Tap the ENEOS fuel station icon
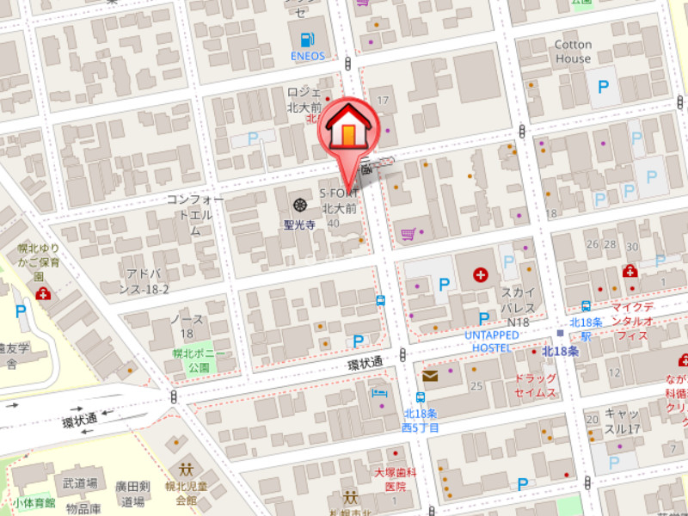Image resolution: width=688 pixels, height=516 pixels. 307,39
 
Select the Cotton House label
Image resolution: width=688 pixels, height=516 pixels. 573,52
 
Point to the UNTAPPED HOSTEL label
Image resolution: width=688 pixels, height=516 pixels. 492,341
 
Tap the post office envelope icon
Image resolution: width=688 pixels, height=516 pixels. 430,376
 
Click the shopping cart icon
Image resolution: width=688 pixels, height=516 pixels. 408,233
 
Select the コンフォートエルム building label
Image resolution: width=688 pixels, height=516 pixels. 195,215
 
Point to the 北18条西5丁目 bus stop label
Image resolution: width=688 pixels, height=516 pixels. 421,419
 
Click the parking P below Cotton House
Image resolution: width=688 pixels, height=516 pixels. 604,87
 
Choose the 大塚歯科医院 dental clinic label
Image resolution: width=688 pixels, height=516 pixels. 395,479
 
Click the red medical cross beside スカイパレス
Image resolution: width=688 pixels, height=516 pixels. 480,276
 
